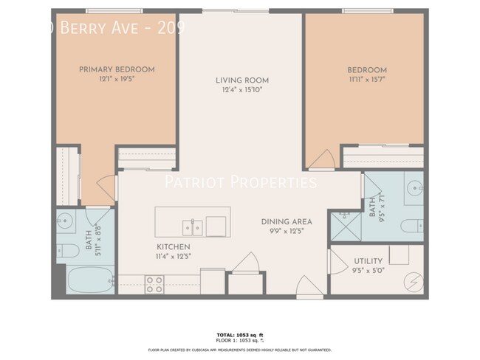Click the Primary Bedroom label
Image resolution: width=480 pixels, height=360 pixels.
117,69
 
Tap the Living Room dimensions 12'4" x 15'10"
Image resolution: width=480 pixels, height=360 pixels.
241,90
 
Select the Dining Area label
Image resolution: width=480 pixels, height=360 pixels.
286,221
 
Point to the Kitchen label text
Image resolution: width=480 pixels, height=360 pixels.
173,247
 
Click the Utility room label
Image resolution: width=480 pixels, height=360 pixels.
367,261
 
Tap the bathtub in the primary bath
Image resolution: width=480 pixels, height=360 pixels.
88,280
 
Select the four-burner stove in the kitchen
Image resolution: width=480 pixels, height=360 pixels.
154,283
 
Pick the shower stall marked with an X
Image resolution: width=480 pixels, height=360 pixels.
343,226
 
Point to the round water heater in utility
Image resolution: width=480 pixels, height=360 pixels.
414,281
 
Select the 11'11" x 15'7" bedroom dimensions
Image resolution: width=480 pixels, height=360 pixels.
367,80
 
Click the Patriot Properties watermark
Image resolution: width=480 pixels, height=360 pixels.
240,182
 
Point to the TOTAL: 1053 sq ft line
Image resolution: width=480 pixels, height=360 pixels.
240,335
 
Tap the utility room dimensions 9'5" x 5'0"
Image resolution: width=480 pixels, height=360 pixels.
367,271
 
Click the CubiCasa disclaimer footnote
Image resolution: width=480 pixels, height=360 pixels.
240,350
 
